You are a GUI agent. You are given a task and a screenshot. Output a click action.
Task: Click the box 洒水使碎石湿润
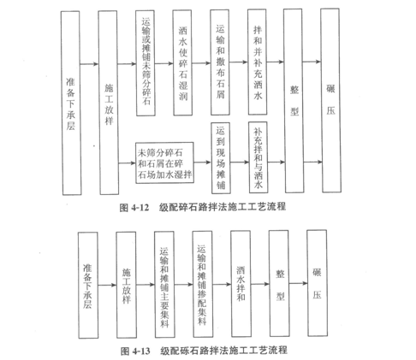[x=182, y=62]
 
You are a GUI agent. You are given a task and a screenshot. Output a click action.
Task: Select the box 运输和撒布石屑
[x=220, y=62]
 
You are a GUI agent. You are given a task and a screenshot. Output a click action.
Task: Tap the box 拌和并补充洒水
[x=258, y=62]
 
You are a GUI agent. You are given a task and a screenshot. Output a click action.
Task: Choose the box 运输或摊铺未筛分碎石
[x=146, y=63]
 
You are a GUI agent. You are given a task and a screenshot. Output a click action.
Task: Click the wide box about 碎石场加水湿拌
[x=164, y=162]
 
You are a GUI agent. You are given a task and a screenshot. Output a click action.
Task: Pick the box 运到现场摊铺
[x=221, y=158]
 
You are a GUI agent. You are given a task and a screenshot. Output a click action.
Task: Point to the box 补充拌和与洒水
[x=258, y=157]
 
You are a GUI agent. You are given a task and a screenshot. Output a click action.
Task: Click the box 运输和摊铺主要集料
[x=164, y=284]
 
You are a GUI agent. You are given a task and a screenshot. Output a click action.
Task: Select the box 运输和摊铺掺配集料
[x=203, y=284]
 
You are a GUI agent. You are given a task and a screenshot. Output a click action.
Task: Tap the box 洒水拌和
[x=241, y=284]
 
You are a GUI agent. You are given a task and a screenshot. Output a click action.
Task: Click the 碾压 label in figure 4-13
[x=317, y=283]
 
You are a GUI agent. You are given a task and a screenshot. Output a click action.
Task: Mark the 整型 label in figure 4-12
[x=294, y=100]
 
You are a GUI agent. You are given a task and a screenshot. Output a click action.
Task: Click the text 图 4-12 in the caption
[x=134, y=208]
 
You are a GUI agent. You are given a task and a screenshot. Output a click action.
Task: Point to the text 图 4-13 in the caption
[x=135, y=351]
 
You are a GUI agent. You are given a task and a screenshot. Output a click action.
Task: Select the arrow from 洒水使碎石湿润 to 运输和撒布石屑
[x=201, y=62]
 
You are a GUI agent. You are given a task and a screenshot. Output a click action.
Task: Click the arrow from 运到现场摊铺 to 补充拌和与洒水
[x=240, y=162]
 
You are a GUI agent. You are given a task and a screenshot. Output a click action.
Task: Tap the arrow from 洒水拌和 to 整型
[x=260, y=284]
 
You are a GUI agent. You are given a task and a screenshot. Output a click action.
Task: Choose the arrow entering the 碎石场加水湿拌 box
[x=127, y=163]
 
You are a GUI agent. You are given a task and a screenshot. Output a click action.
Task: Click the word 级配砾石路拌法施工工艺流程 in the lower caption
[x=223, y=351]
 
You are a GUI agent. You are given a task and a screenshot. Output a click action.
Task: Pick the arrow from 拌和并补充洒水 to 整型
[x=276, y=62]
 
